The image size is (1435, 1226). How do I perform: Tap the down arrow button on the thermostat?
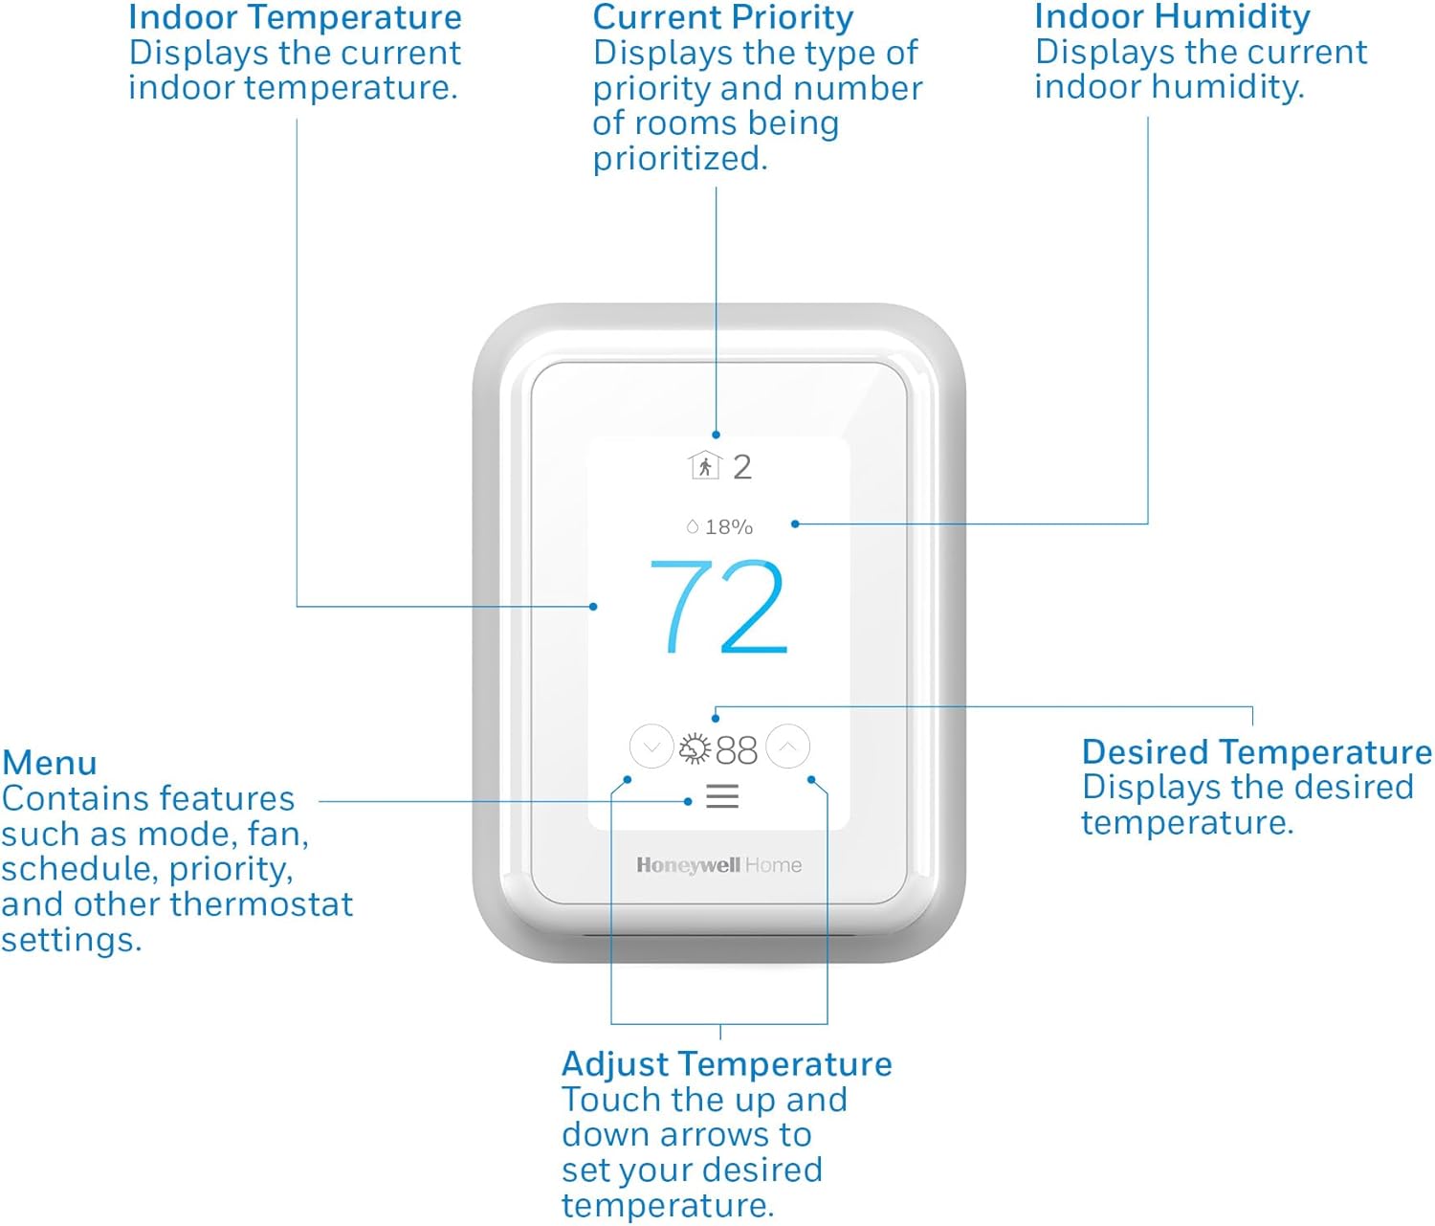(x=651, y=747)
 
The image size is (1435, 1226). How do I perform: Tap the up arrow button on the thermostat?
(x=788, y=747)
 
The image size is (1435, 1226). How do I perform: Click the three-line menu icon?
(x=722, y=796)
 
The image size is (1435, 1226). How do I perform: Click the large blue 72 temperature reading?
(x=718, y=607)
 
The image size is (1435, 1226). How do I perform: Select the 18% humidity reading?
(x=729, y=527)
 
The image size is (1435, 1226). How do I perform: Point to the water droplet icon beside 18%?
(x=693, y=526)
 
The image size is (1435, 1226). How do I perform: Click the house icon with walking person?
(x=704, y=466)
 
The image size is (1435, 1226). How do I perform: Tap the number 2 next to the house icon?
(x=742, y=467)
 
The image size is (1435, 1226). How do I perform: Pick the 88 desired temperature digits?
(x=737, y=750)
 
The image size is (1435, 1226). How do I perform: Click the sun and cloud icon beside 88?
(x=695, y=749)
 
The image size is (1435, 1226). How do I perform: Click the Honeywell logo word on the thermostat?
(x=688, y=865)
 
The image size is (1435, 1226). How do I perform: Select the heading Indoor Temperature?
(x=295, y=17)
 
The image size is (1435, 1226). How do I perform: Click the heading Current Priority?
(x=722, y=17)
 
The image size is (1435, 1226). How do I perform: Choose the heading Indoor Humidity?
(x=1172, y=17)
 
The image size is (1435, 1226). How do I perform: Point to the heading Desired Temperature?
(x=1256, y=752)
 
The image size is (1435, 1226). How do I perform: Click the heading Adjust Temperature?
(x=726, y=1064)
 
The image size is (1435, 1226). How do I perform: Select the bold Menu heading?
(x=50, y=764)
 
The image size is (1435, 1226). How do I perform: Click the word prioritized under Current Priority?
(x=680, y=159)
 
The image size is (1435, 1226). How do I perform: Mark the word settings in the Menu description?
(x=71, y=940)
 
